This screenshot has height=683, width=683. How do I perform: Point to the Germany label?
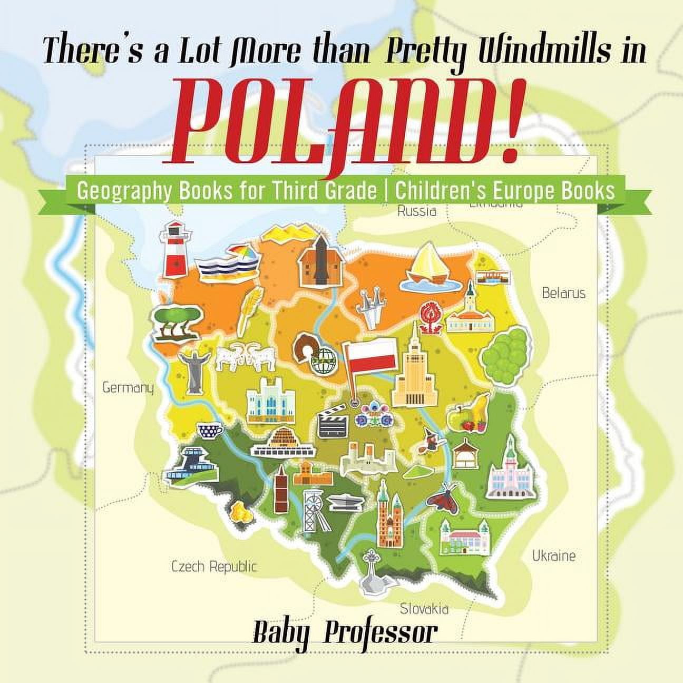[128, 388]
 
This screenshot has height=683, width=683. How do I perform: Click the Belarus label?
[563, 293]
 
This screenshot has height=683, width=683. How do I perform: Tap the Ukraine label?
[553, 555]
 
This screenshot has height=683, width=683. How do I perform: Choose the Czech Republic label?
[214, 567]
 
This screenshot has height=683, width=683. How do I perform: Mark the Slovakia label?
[424, 609]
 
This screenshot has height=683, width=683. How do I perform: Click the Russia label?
[417, 211]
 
